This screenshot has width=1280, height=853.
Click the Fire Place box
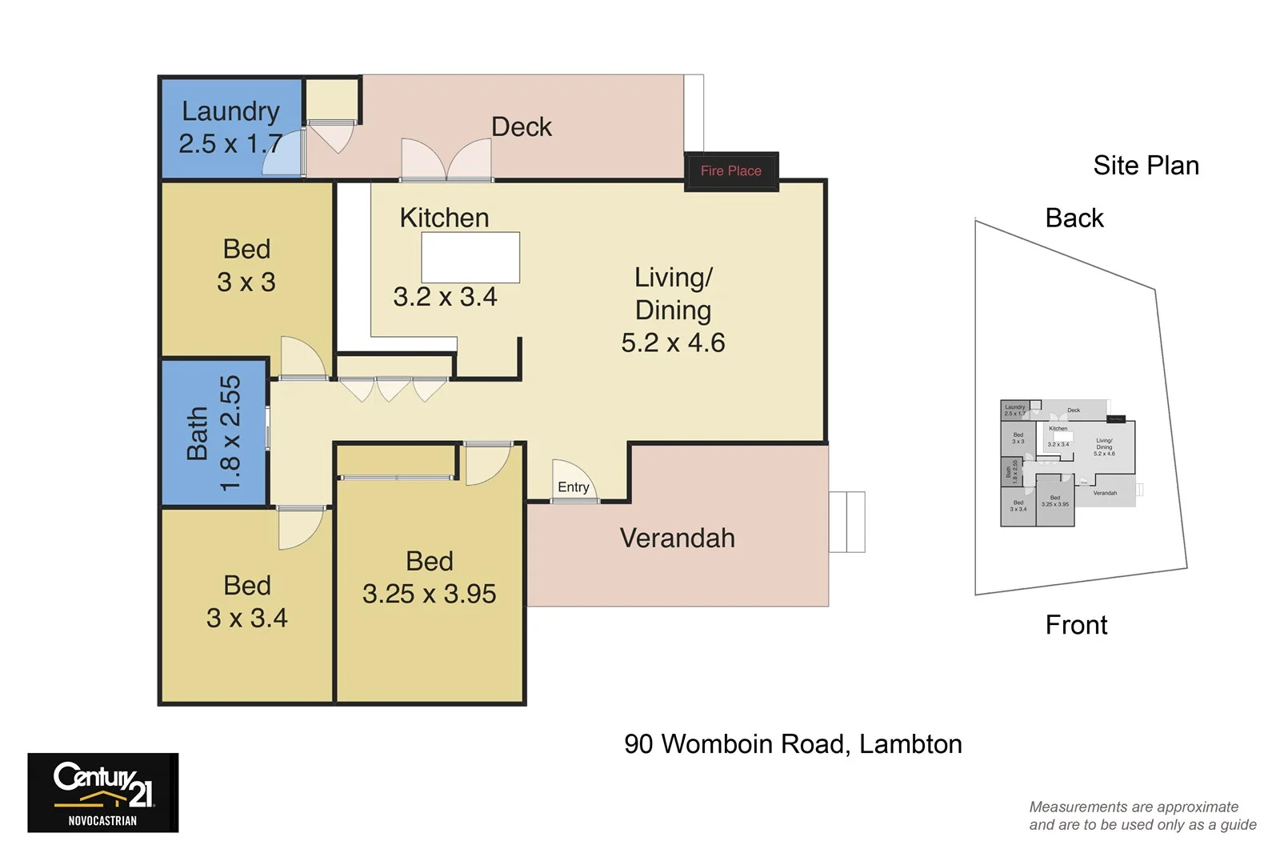[x=730, y=171]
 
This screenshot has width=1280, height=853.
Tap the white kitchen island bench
[x=470, y=257]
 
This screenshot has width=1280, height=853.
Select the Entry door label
[x=573, y=487]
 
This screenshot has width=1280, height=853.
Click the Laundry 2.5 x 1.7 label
[x=230, y=127]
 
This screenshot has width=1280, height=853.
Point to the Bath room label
[x=214, y=433]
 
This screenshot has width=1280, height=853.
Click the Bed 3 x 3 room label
[x=246, y=266]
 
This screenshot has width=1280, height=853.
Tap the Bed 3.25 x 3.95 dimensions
[x=429, y=594]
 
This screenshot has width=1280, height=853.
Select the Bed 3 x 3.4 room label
[x=246, y=602]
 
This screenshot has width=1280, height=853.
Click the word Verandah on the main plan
[x=677, y=538]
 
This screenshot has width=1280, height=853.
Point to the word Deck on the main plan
[x=521, y=126]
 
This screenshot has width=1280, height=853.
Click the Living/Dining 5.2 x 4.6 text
[x=673, y=310]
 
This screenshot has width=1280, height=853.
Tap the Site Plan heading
[x=1146, y=166]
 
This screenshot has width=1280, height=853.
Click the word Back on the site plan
[x=1074, y=218]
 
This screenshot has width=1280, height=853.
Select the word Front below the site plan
[x=1076, y=624]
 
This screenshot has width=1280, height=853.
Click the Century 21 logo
[x=103, y=792]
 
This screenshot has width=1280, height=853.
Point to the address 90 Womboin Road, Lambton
[x=793, y=744]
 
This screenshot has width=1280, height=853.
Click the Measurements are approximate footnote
[x=1142, y=815]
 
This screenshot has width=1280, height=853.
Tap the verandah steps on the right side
[x=847, y=522]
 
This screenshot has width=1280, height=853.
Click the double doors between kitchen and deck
[x=446, y=161]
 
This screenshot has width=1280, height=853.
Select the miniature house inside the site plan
[x=1068, y=463]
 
